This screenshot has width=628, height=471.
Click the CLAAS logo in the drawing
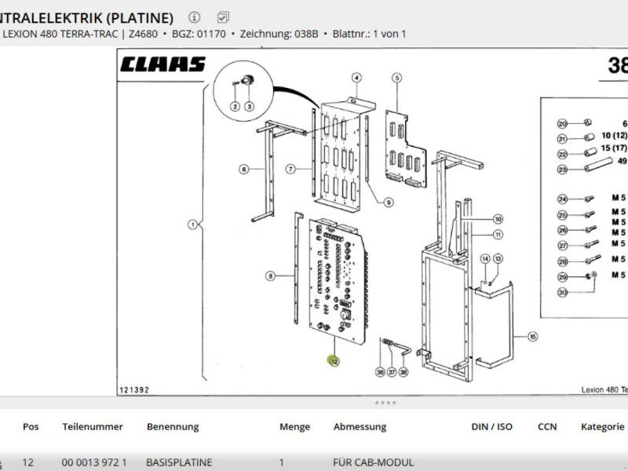coord(163,64)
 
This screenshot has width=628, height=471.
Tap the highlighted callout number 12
coord(334,361)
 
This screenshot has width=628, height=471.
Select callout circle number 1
coord(191,225)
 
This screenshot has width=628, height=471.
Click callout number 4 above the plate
coord(356,78)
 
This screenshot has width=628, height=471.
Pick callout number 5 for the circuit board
coord(397,78)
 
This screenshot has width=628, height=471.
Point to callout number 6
coord(244,169)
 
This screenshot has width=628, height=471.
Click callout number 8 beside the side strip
coord(270,276)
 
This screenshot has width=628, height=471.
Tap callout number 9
coord(389,203)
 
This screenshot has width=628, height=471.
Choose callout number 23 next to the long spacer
coord(562,170)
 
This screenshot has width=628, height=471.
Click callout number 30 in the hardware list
coord(562,293)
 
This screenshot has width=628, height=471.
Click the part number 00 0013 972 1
coord(94,462)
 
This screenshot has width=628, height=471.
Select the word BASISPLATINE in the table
coord(179,462)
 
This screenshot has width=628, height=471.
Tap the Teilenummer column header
coord(93,427)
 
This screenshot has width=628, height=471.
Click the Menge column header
coord(294,427)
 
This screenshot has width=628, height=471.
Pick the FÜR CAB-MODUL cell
coord(373,462)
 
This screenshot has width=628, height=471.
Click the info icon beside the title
coord(195,16)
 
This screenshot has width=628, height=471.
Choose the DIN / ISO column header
coord(491,427)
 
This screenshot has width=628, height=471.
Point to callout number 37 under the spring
coord(392,373)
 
